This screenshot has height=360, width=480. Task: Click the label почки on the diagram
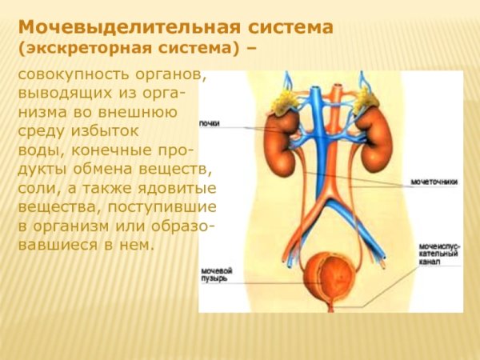click(210, 122)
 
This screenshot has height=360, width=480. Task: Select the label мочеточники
click(434, 182)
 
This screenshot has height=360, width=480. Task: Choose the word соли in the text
click(34, 189)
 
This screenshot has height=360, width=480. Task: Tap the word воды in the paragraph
click(36, 150)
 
